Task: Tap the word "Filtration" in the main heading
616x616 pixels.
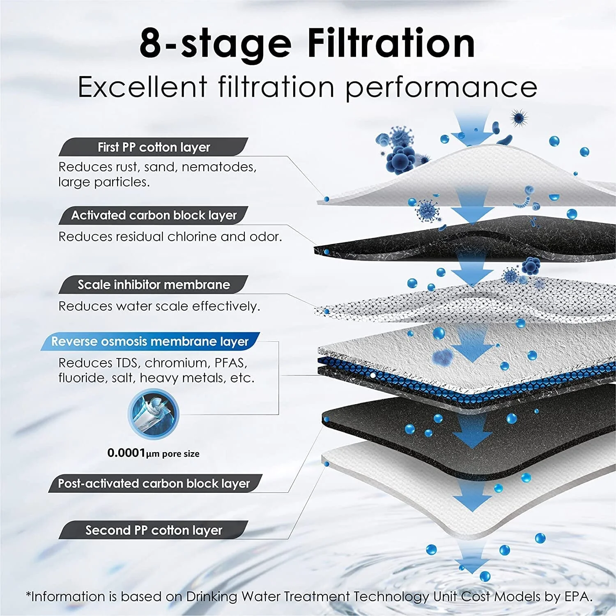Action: [x=391, y=43]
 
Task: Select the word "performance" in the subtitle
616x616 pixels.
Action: [x=441, y=88]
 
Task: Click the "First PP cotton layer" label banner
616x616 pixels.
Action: [x=154, y=147]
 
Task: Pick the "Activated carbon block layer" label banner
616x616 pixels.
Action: [x=154, y=215]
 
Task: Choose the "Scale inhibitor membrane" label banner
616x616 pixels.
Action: [x=154, y=285]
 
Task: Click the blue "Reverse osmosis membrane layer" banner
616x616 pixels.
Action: [x=150, y=341]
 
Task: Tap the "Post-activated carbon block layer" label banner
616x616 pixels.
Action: [x=154, y=483]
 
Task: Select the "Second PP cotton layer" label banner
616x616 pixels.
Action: [x=154, y=530]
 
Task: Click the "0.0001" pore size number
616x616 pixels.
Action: [x=126, y=453]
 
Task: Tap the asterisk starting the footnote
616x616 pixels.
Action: [x=28, y=595]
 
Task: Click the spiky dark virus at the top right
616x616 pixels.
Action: [x=519, y=118]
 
